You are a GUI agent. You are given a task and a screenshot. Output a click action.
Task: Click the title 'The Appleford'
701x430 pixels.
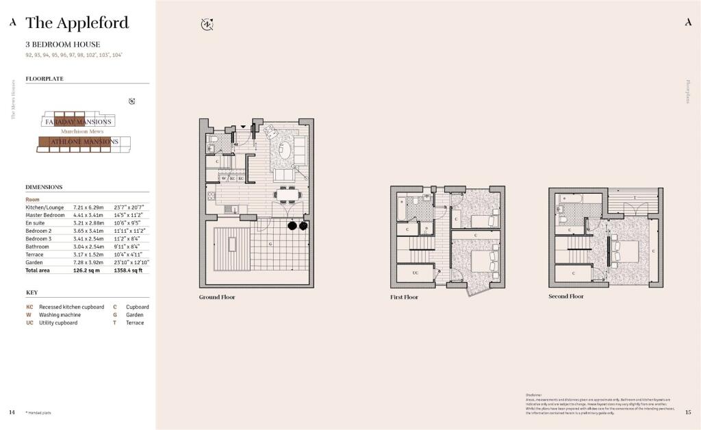pos(77,23)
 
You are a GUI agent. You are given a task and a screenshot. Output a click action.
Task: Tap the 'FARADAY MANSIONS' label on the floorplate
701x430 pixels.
pos(78,122)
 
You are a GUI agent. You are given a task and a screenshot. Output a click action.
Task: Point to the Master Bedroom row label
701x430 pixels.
pos(45,215)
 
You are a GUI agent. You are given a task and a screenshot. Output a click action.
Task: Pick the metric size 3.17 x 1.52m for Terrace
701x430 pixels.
pos(88,255)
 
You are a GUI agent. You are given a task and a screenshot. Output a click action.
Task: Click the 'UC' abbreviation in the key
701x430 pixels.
pos(29,322)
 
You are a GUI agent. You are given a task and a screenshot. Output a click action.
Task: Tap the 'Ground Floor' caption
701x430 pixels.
pos(217,297)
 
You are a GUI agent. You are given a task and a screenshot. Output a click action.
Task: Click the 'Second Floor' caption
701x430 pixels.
pos(566,296)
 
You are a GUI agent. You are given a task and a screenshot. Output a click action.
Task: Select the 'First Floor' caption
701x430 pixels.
pos(404,297)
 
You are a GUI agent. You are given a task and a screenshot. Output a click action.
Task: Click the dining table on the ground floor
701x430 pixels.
pos(288,195)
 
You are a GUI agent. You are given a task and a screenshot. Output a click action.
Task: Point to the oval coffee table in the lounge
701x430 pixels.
pos(299,149)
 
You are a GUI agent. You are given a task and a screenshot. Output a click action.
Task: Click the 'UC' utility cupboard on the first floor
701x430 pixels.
pos(415,273)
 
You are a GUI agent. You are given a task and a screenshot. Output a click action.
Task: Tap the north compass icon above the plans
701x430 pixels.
pos(207,24)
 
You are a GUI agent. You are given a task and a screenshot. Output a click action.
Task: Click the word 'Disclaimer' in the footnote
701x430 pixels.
pos(534,395)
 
